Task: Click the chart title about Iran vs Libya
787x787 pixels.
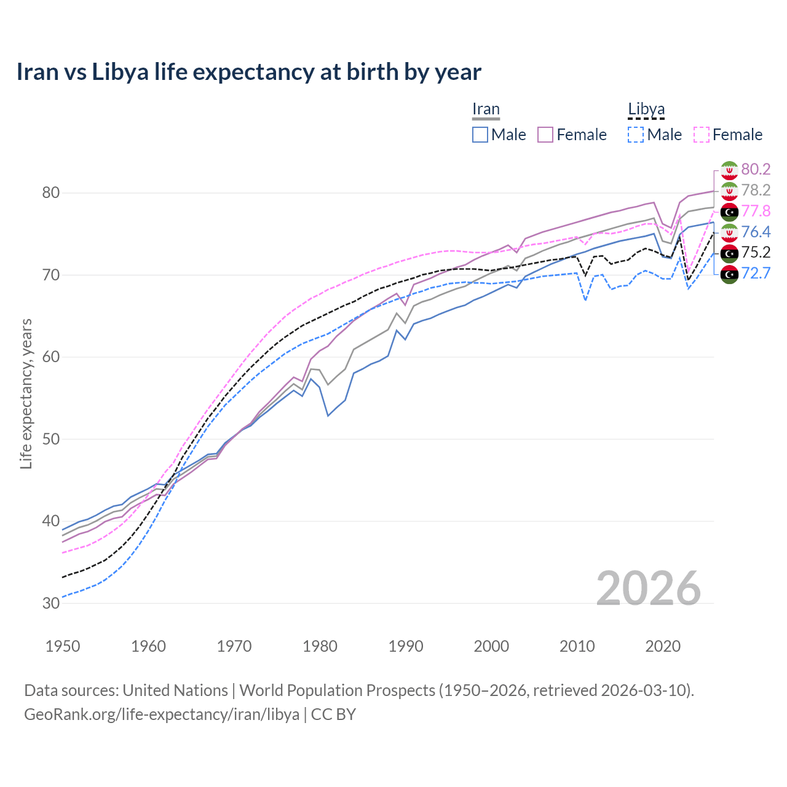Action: (x=248, y=72)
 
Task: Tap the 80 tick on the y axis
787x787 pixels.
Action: (x=51, y=192)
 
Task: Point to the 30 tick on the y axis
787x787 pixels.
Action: (x=51, y=603)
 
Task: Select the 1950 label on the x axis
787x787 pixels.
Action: (x=63, y=646)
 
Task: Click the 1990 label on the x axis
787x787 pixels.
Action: (x=406, y=646)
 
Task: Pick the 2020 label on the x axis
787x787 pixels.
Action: (x=663, y=646)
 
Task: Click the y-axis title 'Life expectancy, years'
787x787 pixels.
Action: (x=26, y=393)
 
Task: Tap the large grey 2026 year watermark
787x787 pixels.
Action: (x=648, y=588)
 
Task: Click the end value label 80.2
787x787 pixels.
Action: (x=756, y=169)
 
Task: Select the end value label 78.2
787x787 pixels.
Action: (x=756, y=190)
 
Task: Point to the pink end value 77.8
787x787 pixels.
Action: (x=756, y=211)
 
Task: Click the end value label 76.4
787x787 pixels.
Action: (x=756, y=232)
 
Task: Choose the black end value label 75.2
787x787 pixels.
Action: (x=756, y=253)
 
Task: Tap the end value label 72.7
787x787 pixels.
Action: (x=756, y=274)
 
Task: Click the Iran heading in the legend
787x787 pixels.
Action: (x=486, y=109)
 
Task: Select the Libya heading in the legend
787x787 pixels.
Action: (x=646, y=109)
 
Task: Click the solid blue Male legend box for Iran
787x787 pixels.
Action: (x=480, y=135)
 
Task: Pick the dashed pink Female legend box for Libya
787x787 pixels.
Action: (x=702, y=135)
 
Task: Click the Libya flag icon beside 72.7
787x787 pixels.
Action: (x=729, y=274)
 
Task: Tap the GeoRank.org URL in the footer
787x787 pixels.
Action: (x=162, y=714)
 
